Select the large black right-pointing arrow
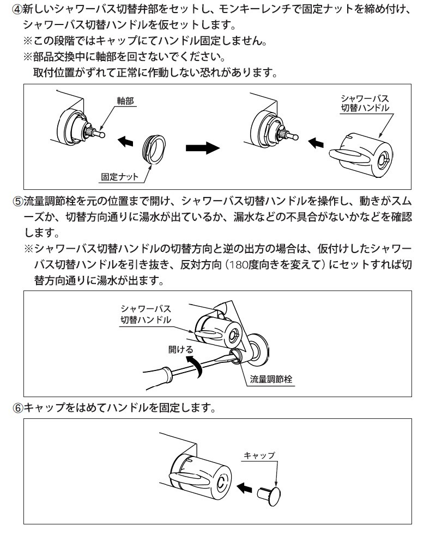201,148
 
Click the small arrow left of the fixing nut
125,141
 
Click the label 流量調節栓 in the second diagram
271,380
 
